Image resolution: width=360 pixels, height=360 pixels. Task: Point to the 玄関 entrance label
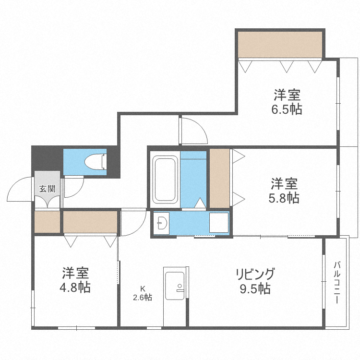tap(47, 188)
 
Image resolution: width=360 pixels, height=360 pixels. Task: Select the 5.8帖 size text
tap(284, 198)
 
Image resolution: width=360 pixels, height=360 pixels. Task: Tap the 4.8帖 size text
tap(75, 288)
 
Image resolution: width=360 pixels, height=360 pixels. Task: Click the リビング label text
tap(255, 274)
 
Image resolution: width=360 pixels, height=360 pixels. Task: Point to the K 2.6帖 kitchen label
tap(143, 293)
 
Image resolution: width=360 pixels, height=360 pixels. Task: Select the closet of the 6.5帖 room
tap(280, 44)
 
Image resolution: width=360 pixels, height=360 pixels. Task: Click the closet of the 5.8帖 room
tap(220, 179)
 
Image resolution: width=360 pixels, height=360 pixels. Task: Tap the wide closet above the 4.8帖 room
tap(90, 222)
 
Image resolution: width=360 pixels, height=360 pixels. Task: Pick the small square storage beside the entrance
tap(47, 222)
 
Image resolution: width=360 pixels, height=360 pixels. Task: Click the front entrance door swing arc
tap(19, 190)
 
